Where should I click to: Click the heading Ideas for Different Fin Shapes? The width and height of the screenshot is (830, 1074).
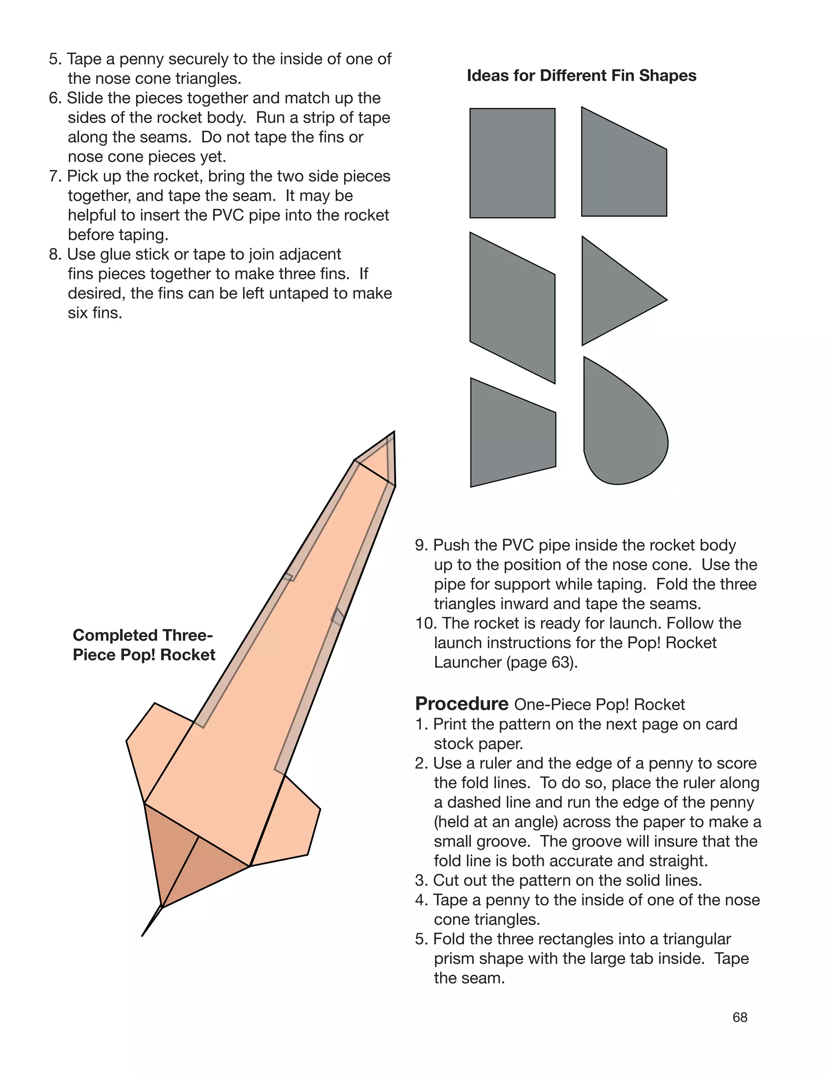(x=581, y=76)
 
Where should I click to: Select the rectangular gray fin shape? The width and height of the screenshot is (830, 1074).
(x=512, y=163)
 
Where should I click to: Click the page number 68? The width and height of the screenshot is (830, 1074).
(x=740, y=1017)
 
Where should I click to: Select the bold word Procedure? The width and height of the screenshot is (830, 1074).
(x=461, y=704)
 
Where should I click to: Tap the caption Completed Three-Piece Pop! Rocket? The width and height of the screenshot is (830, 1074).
(x=143, y=645)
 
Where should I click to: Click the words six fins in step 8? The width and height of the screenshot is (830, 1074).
(x=94, y=313)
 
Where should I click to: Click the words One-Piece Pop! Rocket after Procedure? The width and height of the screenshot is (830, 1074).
(x=599, y=705)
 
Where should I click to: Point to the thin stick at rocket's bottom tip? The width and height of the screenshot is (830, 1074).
(x=152, y=920)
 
